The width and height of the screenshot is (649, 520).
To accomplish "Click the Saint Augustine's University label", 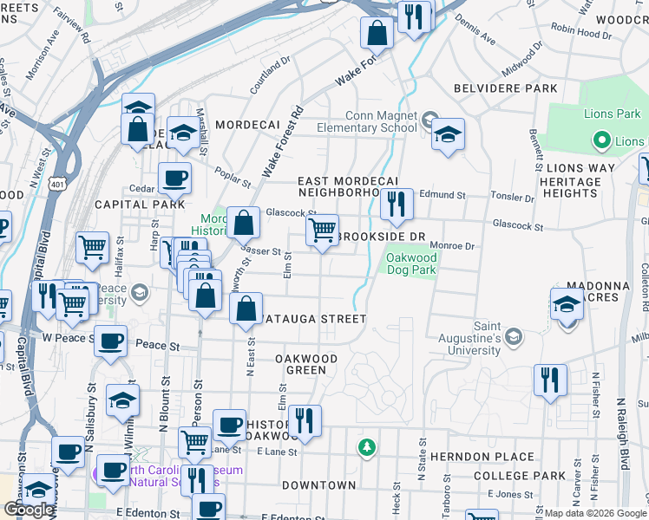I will tap(487, 339).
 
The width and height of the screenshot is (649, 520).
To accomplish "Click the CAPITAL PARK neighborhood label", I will tap(140, 205).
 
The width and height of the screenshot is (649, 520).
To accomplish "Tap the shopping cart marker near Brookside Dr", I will tap(322, 230).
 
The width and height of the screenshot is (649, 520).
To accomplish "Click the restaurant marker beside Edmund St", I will tap(397, 205).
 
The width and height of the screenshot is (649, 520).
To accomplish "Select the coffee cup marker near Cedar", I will tap(174, 179).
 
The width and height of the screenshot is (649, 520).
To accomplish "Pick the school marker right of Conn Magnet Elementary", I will tap(448, 133).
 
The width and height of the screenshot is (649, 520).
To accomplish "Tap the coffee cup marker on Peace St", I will tap(110, 341).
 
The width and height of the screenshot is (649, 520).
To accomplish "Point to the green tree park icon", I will tap(368, 447).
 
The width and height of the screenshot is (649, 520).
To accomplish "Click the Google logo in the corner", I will tap(29, 510).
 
